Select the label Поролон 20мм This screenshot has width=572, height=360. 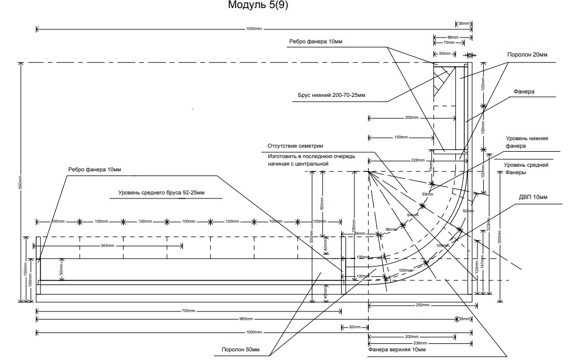(526, 55)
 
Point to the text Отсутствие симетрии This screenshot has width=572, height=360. (295, 147)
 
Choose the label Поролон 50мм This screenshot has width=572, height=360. (241, 350)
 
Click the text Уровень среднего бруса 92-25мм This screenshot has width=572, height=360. (161, 192)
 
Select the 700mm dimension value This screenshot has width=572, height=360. (188, 312)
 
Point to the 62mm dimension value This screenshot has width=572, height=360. (354, 327)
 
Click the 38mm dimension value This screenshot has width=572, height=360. (463, 24)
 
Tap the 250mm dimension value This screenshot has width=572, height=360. (423, 305)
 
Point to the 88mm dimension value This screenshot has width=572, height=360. (453, 37)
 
